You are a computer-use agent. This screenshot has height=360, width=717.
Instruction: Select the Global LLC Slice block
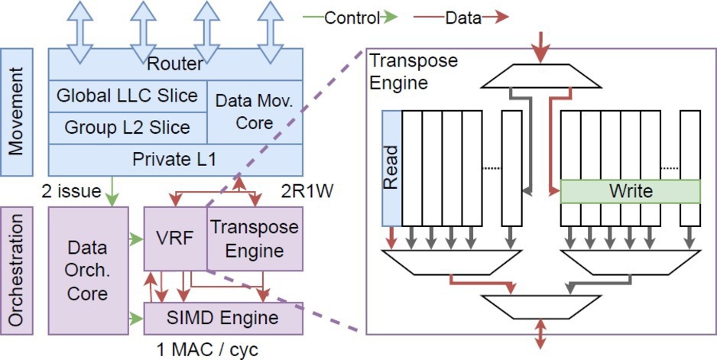pos(127,96)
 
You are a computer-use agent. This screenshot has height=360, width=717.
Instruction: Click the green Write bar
pos(630,190)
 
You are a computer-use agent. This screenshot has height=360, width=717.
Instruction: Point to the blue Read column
pos(391,168)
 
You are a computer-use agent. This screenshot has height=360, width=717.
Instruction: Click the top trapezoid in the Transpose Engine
pos(541,74)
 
